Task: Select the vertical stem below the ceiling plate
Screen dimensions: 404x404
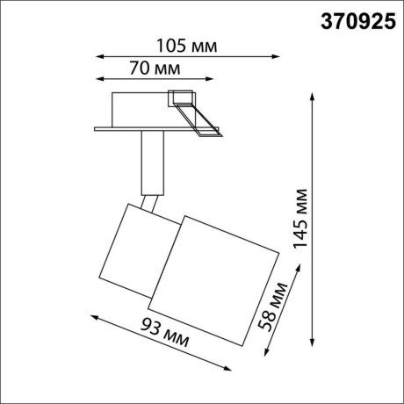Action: point(150,162)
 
